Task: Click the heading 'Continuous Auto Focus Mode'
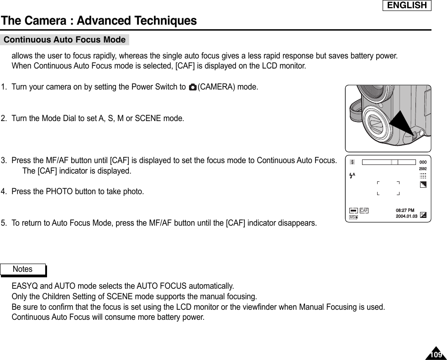pos(64,40)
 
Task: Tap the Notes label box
pos(23,270)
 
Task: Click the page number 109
pos(436,355)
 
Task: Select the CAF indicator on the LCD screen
pos(364,210)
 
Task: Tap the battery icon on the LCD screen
pos(353,210)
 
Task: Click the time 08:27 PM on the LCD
pos(405,210)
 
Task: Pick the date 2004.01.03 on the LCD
pos(406,216)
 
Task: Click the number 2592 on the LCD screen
pos(423,169)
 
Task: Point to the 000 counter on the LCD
pos(423,162)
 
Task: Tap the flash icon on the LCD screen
pos(352,175)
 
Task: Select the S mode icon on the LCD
pos(352,162)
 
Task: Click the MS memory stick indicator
pos(353,217)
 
